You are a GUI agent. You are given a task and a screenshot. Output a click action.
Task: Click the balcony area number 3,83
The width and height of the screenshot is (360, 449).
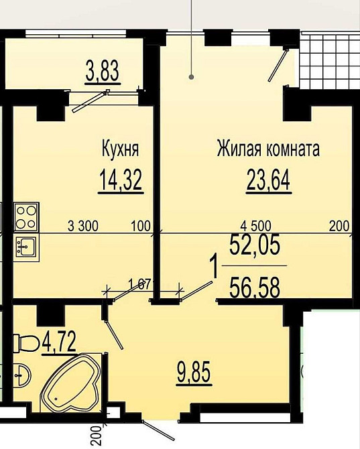(103, 71)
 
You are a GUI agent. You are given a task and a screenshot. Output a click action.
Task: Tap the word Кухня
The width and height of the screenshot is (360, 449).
(120, 149)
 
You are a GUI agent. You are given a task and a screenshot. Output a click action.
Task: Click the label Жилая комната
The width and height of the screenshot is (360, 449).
(268, 149)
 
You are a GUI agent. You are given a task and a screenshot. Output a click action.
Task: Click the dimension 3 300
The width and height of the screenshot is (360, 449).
(83, 226)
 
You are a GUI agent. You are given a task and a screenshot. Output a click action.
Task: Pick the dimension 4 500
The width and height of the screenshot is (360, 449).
(255, 226)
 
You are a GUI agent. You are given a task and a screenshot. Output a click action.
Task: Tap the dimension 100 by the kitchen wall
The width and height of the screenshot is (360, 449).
(141, 226)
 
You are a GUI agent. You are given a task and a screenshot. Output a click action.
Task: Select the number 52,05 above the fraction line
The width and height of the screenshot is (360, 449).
(255, 246)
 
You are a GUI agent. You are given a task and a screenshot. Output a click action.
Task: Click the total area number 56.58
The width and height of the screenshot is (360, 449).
(255, 288)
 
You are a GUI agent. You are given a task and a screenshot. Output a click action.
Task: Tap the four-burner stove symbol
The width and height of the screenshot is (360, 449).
(26, 216)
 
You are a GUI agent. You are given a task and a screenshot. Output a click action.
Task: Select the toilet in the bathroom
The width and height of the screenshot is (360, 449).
(27, 343)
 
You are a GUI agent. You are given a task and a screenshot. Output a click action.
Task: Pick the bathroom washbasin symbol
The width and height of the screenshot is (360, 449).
(23, 375)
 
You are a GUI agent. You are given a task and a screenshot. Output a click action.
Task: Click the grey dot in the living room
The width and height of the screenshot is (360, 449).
(192, 77)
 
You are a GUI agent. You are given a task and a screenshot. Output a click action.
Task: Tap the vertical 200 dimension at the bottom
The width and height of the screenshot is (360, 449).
(97, 435)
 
